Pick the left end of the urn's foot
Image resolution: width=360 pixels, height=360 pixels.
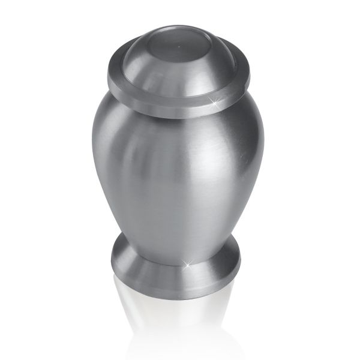coord(111,264)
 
